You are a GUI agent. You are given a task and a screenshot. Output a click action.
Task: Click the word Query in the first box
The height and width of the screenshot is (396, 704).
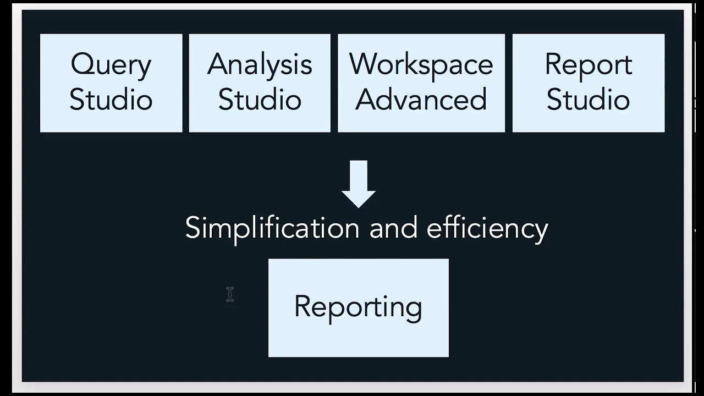[111, 65]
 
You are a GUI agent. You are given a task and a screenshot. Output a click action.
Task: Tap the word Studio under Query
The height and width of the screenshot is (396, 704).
[111, 100]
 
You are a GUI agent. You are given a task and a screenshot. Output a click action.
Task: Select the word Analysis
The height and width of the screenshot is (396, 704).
[260, 65]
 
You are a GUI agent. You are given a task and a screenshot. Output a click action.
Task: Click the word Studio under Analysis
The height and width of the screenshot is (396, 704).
[260, 100]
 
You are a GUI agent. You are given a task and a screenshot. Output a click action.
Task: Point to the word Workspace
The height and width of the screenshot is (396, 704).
[421, 65]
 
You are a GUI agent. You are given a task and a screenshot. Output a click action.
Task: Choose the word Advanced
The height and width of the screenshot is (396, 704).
[421, 100]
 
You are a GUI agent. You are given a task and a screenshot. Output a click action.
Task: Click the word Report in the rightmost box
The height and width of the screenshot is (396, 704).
[588, 65]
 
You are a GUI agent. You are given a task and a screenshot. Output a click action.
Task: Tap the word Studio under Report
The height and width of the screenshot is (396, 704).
[588, 100]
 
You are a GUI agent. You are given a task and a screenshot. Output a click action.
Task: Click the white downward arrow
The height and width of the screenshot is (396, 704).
[359, 184]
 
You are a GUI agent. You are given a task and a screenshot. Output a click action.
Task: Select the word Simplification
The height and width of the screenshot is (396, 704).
[272, 228]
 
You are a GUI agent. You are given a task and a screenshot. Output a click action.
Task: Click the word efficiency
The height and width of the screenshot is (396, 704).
[487, 228]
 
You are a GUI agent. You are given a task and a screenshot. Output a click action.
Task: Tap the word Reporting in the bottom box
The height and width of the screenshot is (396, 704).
[358, 307]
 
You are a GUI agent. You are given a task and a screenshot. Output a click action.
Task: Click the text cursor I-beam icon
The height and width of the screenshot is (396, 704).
[230, 294]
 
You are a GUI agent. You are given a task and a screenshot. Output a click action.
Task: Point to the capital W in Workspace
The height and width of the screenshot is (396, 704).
[365, 64]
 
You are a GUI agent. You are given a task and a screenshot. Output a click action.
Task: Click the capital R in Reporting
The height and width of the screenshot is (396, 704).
[302, 306]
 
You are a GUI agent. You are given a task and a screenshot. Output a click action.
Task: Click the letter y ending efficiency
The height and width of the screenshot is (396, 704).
[541, 231]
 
